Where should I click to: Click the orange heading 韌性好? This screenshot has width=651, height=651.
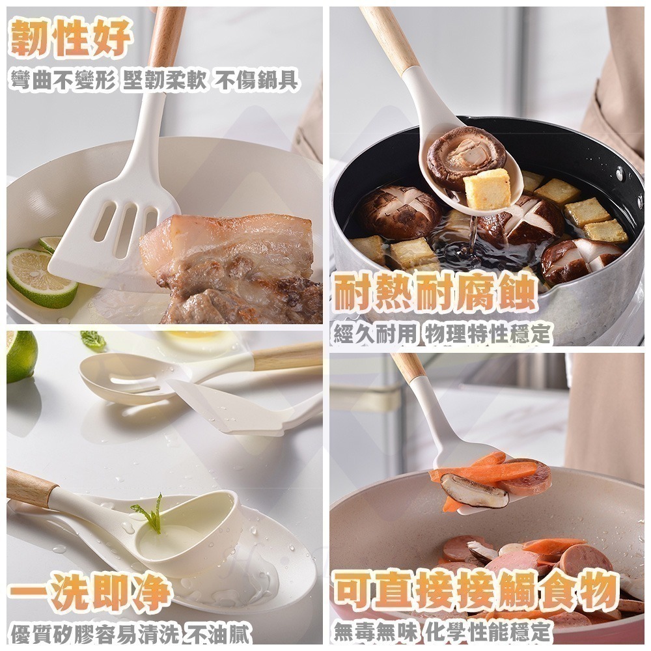pos(72,38)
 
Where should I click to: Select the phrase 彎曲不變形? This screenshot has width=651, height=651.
pos(62,81)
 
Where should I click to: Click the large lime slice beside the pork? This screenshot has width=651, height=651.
pos(40,277)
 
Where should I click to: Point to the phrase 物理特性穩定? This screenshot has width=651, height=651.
pos(487,335)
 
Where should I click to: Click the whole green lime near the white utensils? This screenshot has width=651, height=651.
pos(21,355)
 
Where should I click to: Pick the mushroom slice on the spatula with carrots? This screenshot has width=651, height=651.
pos(474,491)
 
